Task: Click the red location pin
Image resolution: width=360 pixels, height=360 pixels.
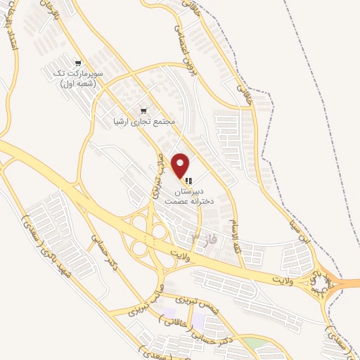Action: tap(181, 166)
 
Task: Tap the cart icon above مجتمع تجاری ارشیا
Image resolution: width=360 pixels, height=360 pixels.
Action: tap(144, 110)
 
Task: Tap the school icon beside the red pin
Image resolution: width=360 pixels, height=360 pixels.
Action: tap(188, 181)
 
